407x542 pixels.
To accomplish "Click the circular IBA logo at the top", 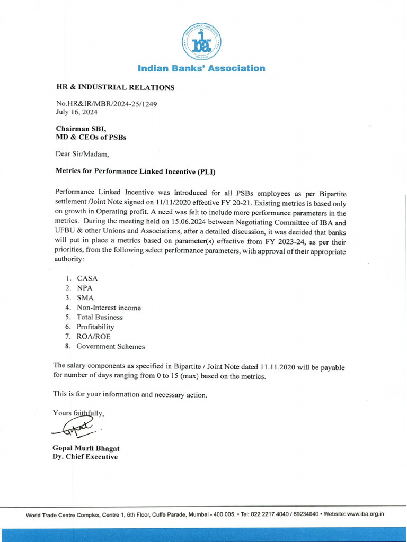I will click(201, 41).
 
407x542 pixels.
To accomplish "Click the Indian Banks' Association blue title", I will click(201, 68).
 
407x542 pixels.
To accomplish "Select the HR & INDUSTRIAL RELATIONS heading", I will click(115, 87).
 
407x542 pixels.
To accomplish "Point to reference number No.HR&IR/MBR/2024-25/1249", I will click(107, 104).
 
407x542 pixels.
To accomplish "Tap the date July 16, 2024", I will click(77, 112).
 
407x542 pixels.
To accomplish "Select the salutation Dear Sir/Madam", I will click(82, 154).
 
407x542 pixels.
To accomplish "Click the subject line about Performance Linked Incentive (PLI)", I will click(136, 172).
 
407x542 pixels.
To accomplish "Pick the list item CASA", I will click(87, 278).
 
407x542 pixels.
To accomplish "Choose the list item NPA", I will click(85, 288).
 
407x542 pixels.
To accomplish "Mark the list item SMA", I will click(85, 298).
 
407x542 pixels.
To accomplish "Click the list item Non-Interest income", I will click(109, 308).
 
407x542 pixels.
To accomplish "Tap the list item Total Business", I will click(100, 317).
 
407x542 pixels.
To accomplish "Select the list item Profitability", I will click(95, 327).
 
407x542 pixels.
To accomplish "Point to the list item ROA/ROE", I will click(94, 337).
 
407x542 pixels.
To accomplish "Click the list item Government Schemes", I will click(110, 346).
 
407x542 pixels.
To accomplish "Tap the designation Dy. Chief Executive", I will click(85, 457).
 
